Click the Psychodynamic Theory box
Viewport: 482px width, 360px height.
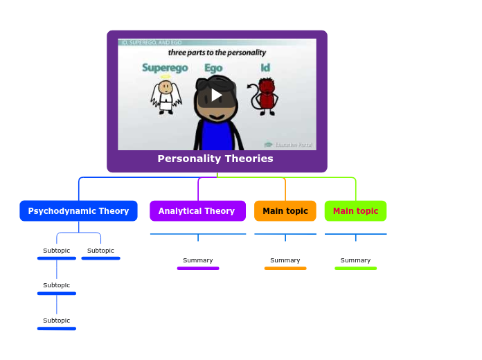coord(78,211)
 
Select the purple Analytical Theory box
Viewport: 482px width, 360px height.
coord(197,211)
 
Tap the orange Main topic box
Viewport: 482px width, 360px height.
coord(285,211)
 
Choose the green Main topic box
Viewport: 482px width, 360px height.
coord(355,211)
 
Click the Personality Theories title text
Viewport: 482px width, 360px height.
coord(215,159)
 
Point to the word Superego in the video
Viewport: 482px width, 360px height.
coord(165,68)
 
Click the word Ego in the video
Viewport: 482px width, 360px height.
coord(213,68)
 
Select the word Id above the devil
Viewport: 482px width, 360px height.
coord(265,68)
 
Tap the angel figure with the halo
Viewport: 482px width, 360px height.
coord(166,96)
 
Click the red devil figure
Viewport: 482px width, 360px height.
coord(266,96)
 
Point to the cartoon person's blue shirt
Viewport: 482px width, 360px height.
coord(217,135)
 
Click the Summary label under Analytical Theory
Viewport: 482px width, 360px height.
coord(198,260)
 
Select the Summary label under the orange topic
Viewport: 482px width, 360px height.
coord(285,260)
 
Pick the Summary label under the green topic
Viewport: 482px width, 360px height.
coord(355,260)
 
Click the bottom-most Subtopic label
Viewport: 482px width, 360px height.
coord(57,321)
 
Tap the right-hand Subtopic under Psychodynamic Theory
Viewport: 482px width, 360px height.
coord(100,251)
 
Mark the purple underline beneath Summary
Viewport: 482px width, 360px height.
coord(198,268)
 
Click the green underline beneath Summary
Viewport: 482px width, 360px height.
coord(355,268)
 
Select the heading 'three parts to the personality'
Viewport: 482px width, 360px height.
coord(217,52)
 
